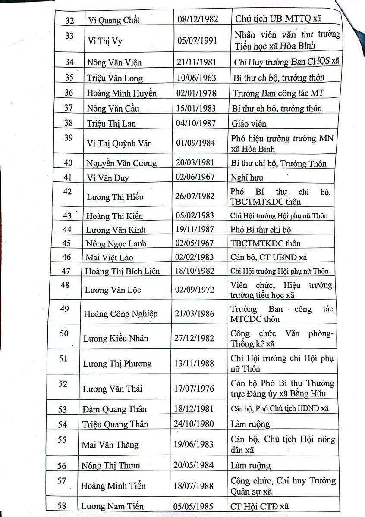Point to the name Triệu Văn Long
pos(115,78)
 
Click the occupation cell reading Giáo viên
pos(249,124)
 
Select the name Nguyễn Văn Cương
pos(122,163)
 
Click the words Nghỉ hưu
pos(247,177)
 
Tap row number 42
pos(68,192)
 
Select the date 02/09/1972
pos(198,290)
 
